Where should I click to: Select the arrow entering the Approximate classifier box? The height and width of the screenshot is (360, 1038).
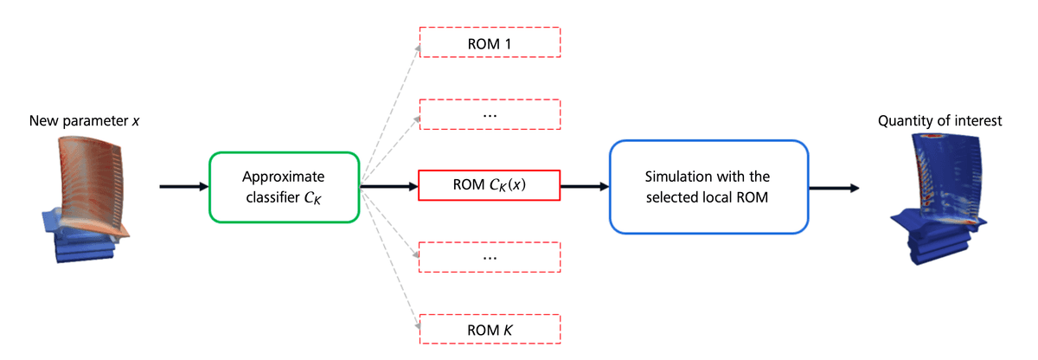click(183, 186)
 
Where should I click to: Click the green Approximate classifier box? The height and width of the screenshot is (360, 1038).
click(283, 186)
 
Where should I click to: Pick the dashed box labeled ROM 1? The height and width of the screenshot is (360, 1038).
click(490, 41)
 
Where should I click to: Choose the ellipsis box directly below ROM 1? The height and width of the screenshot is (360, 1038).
click(490, 113)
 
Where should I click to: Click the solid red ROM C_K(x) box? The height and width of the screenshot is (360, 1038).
click(490, 186)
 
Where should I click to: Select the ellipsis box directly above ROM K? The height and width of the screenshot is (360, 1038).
click(490, 257)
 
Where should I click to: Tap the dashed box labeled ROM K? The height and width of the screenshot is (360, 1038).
click(490, 329)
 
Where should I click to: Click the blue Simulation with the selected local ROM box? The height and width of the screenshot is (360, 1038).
click(708, 186)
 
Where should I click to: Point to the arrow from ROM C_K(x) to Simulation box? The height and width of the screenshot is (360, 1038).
click(585, 186)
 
